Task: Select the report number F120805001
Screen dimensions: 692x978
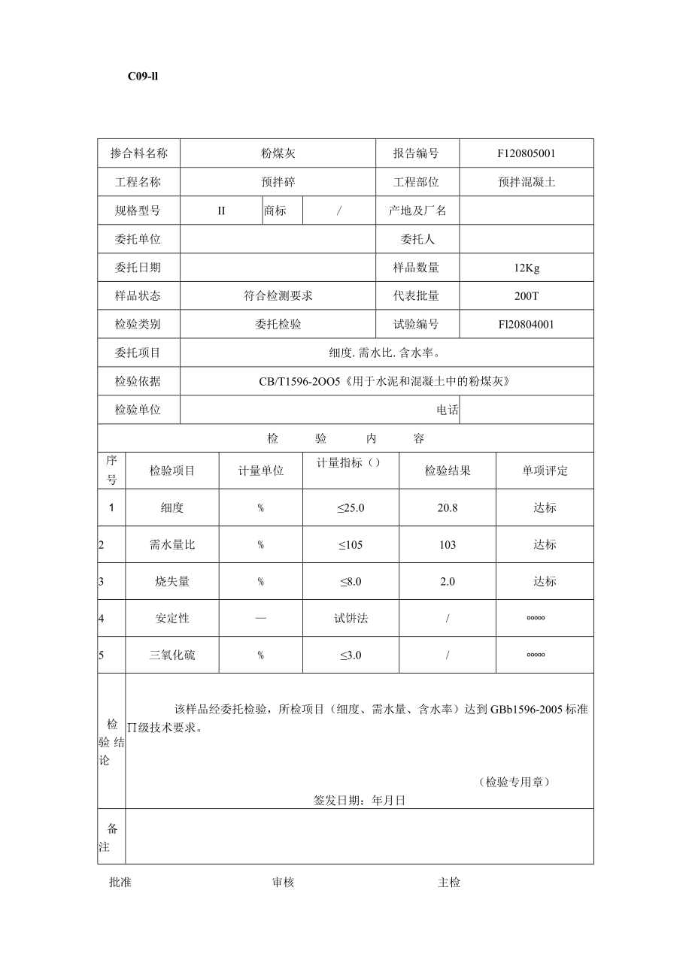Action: click(527, 153)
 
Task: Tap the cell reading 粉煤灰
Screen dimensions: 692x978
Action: click(278, 153)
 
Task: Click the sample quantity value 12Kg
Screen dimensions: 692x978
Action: click(527, 268)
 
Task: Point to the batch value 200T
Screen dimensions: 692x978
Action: click(527, 296)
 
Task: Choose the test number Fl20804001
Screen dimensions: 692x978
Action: click(527, 325)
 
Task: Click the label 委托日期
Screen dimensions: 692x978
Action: click(138, 268)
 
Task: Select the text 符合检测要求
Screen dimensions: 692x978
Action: click(278, 296)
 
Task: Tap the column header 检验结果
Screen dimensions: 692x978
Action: click(448, 471)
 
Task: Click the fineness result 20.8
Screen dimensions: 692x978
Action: click(448, 508)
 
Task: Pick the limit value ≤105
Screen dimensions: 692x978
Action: click(350, 545)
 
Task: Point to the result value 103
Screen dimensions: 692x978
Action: click(448, 545)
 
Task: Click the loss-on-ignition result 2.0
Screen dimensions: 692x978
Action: click(448, 582)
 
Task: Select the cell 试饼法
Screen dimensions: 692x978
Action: click(351, 619)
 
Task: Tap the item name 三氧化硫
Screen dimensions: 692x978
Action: click(172, 656)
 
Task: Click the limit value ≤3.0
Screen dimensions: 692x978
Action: click(350, 656)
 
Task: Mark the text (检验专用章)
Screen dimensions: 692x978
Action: click(514, 783)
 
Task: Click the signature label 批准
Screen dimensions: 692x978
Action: click(120, 883)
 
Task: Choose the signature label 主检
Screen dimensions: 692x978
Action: click(449, 883)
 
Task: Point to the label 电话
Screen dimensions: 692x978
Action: click(448, 410)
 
